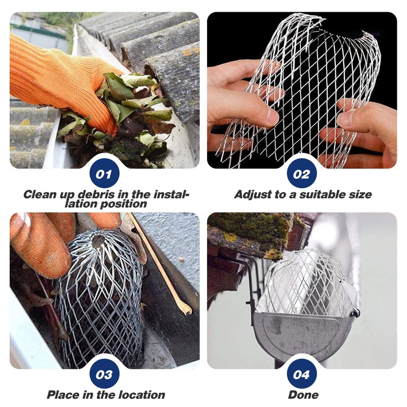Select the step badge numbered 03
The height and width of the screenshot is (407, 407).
pos(104,375)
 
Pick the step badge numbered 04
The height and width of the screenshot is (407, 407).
pos(302,375)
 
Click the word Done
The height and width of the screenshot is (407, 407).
pos(303,395)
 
